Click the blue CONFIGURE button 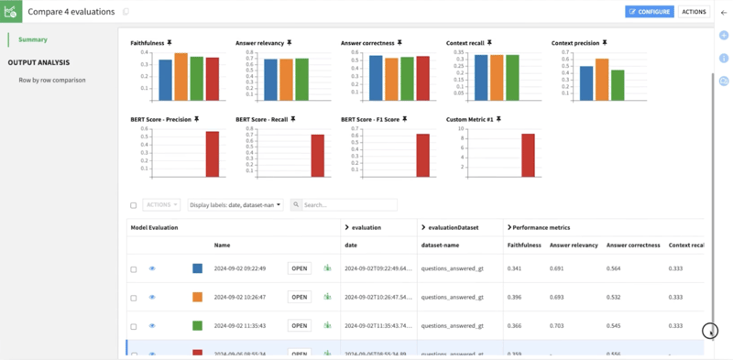pyautogui.click(x=649, y=12)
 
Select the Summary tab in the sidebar pyautogui.click(x=33, y=39)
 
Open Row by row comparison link pyautogui.click(x=52, y=80)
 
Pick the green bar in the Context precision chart pyautogui.click(x=618, y=84)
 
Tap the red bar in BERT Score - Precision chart pyautogui.click(x=212, y=154)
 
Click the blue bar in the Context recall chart pyautogui.click(x=481, y=77)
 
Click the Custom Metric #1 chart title pyautogui.click(x=470, y=119)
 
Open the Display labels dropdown pyautogui.click(x=235, y=205)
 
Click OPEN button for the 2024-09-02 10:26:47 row pyautogui.click(x=300, y=297)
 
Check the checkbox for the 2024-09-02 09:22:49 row pyautogui.click(x=134, y=269)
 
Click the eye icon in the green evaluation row pyautogui.click(x=152, y=326)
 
